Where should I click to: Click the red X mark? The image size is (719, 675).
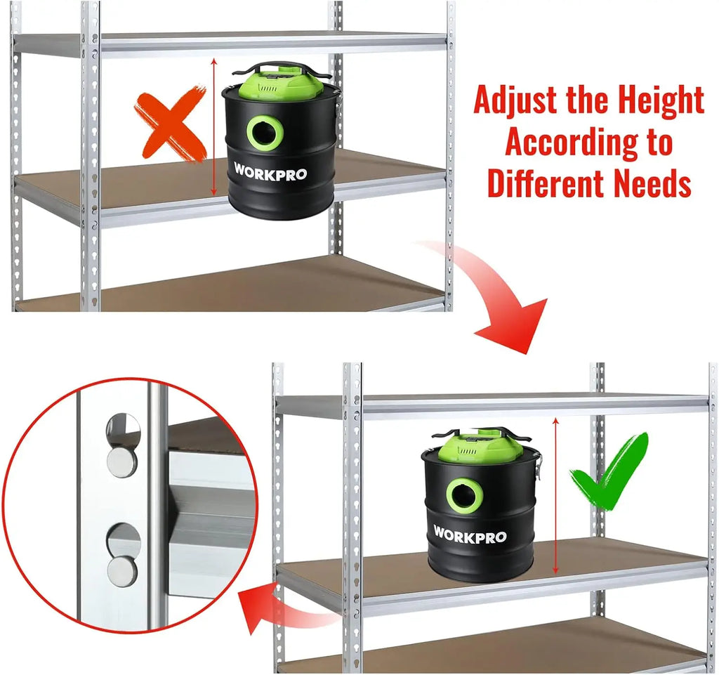coord(171,123)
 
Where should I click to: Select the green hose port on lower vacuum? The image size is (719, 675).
coord(465,496)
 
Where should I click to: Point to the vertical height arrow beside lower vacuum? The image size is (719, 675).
coord(556,496)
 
